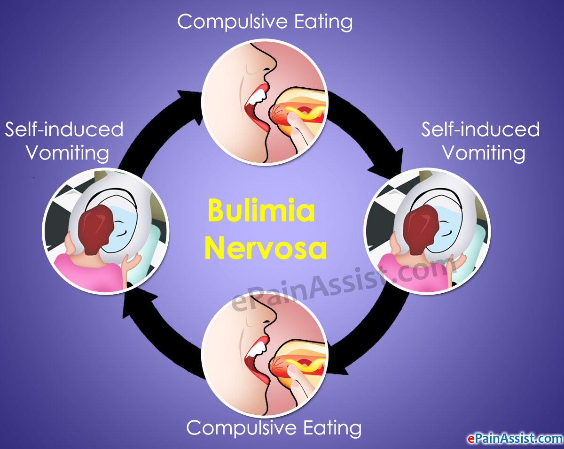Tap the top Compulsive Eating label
(265, 22)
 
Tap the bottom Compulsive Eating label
(274, 427)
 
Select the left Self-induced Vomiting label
(64, 141)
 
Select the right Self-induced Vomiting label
(480, 141)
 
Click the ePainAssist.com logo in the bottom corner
(514, 439)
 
